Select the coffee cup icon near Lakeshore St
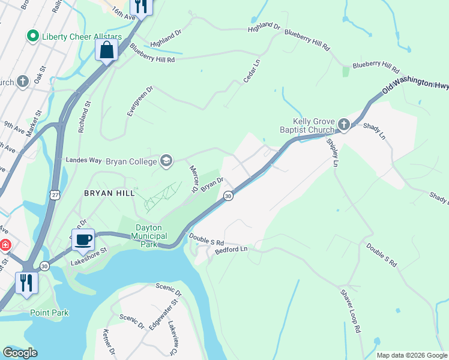coord(83,239)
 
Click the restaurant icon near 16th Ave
coord(141,5)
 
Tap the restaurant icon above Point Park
coord(26,282)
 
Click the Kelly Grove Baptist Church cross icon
coord(343,124)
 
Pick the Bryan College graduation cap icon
coord(166,160)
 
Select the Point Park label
coord(49,313)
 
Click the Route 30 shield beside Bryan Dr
coord(228,196)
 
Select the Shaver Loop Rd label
coord(351,311)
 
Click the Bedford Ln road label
coord(231,248)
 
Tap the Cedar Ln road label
coord(252,71)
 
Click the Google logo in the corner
coord(20,353)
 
